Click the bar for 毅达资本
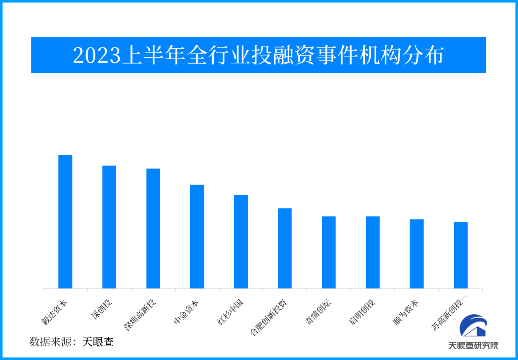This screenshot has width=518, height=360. click(x=65, y=222)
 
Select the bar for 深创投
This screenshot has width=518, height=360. click(x=109, y=227)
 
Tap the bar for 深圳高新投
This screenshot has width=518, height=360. click(x=153, y=229)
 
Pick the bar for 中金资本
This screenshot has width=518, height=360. click(x=197, y=237)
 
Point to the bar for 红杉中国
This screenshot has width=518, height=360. click(x=241, y=242)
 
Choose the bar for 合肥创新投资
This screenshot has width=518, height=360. click(x=285, y=249)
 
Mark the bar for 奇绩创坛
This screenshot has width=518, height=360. click(x=329, y=252)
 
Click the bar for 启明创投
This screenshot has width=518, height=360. click(x=373, y=252)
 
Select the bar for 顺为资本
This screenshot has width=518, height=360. click(x=416, y=254)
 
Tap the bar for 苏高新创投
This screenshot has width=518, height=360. click(x=460, y=255)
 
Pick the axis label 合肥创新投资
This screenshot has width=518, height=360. click(x=269, y=318)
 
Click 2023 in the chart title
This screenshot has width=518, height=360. click(x=97, y=56)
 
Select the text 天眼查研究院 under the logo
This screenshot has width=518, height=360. click(x=473, y=345)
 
